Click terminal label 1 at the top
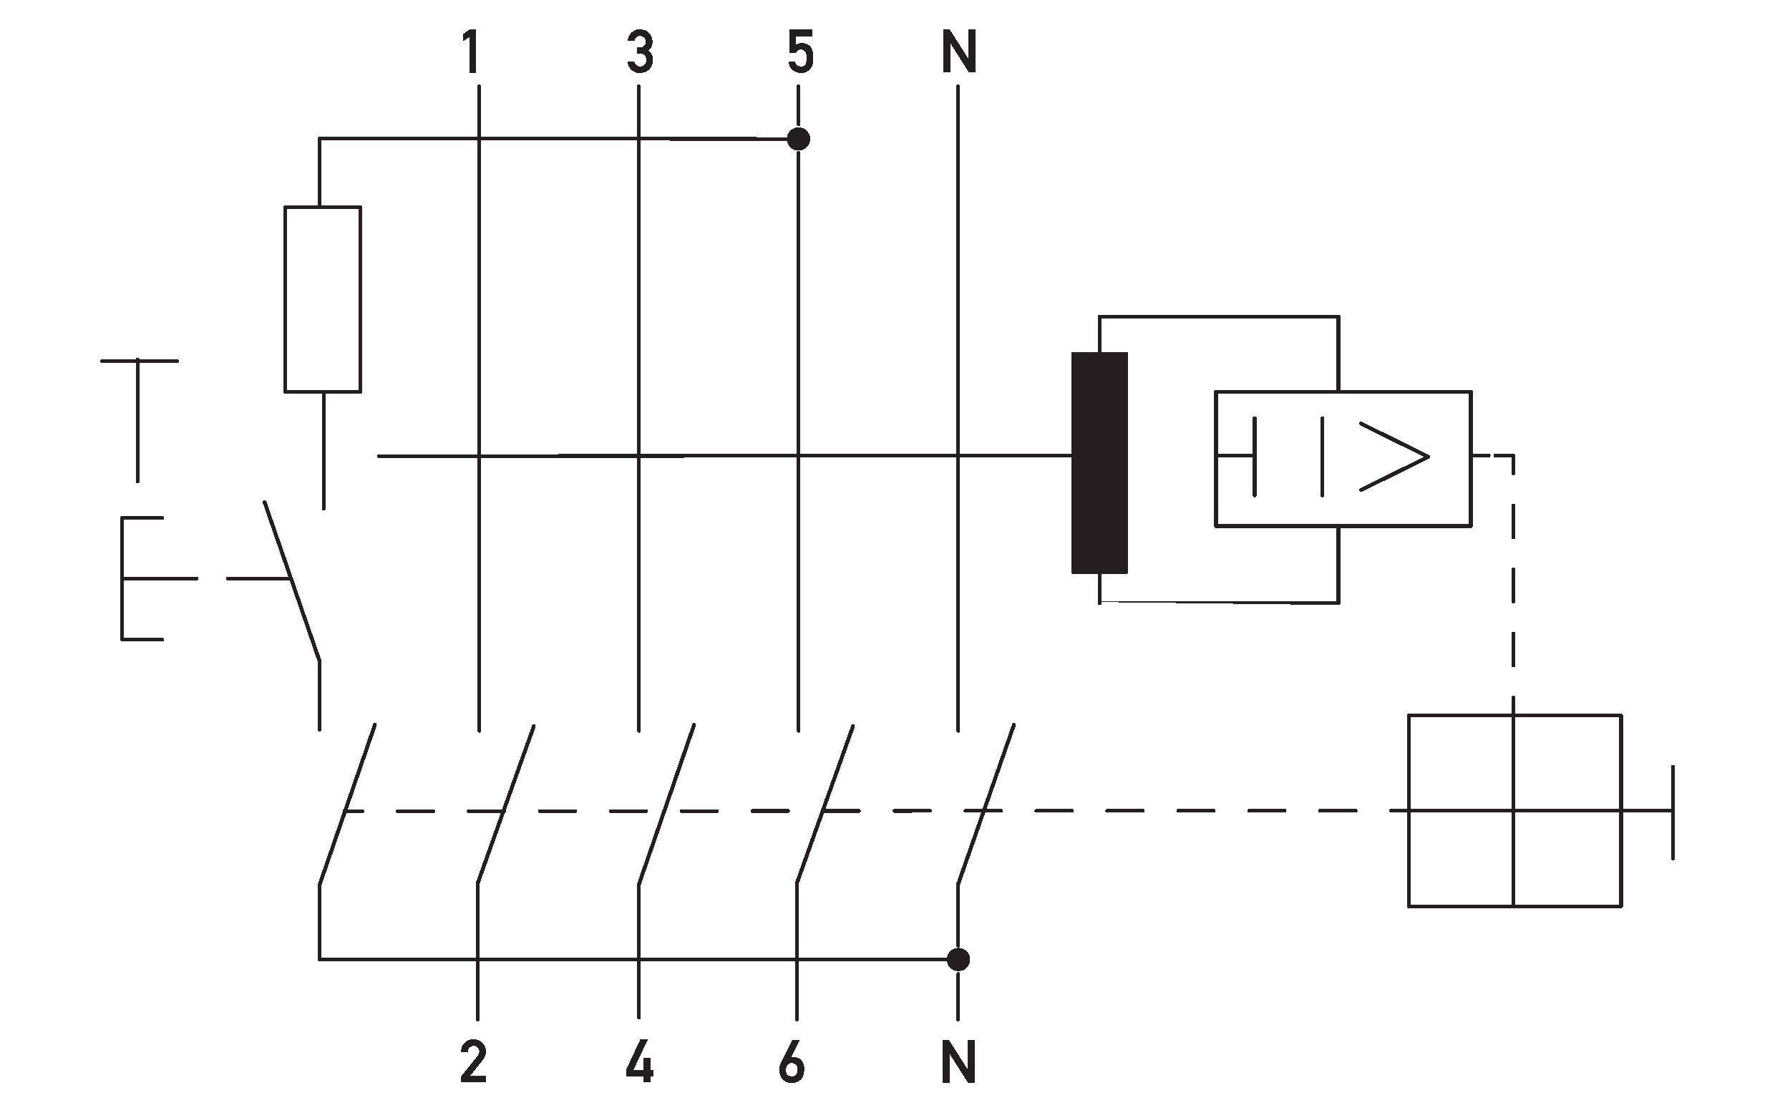click(471, 52)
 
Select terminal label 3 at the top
click(640, 52)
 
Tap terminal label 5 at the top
click(799, 52)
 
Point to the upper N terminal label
click(959, 52)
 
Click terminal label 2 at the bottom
click(473, 1061)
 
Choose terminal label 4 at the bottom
click(639, 1061)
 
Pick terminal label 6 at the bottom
click(792, 1061)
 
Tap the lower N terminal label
click(959, 1061)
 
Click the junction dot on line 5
click(798, 139)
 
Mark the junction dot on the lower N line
click(958, 959)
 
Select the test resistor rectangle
click(323, 299)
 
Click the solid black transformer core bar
click(1099, 463)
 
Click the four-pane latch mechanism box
click(1514, 810)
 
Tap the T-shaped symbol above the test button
click(139, 420)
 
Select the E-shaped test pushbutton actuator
click(142, 578)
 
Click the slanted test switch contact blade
click(293, 581)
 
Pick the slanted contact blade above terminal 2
click(507, 803)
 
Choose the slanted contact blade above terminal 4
click(666, 803)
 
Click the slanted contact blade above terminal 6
click(825, 803)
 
